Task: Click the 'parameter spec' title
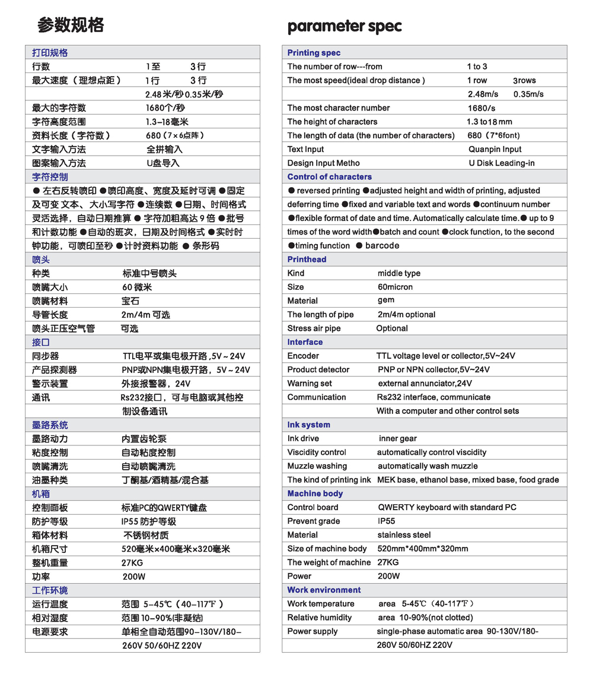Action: coord(344,27)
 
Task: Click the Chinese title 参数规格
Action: coord(71,25)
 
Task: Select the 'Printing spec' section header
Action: coord(314,53)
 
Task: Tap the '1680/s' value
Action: coord(481,108)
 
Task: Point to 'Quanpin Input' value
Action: coord(495,149)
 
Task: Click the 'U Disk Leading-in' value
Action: coord(501,163)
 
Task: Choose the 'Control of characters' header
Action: coord(330,176)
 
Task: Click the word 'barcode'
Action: coord(382,245)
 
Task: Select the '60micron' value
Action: coord(395,287)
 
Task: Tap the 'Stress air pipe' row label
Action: coord(314,328)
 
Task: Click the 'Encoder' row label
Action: coord(303,356)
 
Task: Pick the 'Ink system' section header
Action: coord(308,425)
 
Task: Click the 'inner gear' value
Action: coord(397,438)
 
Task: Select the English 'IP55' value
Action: coord(386,521)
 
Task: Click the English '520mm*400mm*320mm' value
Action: coord(422,548)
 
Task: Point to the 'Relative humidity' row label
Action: coord(319,618)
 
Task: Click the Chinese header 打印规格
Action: coord(50,53)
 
